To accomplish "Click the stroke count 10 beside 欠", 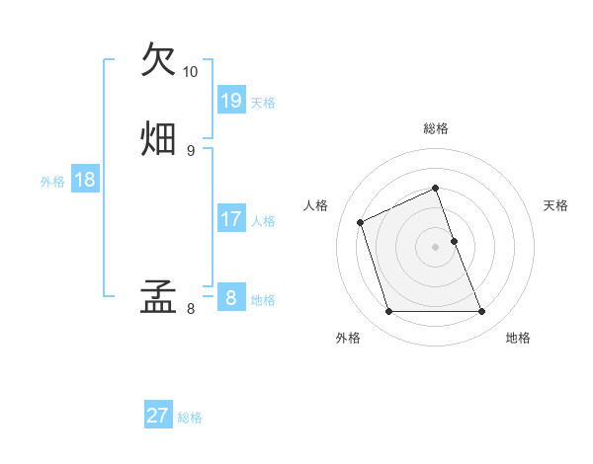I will [191, 72].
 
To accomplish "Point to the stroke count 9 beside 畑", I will [191, 150].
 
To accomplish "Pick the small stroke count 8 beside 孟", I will [191, 309].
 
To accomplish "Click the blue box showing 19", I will [231, 100].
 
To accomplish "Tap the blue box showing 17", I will [231, 219].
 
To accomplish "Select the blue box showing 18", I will [85, 180].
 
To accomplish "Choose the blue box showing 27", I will [158, 416].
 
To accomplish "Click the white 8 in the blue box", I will [231, 298].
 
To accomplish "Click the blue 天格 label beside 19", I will [263, 102].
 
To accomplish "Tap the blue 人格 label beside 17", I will [263, 221].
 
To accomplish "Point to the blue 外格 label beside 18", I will [52, 181].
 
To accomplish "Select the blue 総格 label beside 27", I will [190, 418].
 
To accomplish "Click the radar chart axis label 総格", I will [436, 128].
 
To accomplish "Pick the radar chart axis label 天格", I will [555, 205].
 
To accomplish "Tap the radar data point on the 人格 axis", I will [362, 222].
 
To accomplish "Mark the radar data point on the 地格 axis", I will [482, 312].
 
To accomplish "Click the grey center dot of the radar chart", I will [436, 247].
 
